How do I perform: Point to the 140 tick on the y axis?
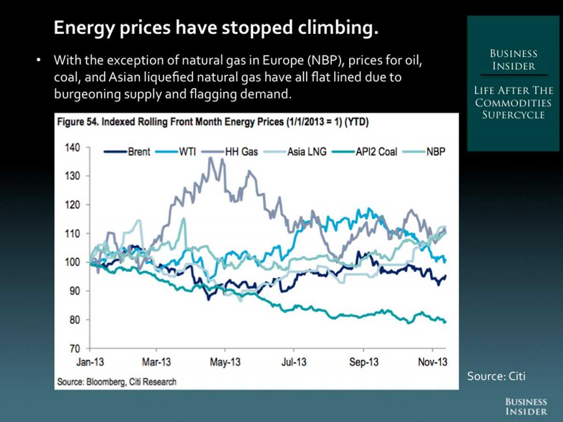[72, 148]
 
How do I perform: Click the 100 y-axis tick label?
[72, 262]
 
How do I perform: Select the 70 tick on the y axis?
[74, 348]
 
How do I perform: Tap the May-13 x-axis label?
[225, 363]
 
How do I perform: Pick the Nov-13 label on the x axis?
[433, 363]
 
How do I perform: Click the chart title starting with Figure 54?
[213, 123]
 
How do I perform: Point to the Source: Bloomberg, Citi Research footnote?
[117, 382]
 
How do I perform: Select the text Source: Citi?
[496, 376]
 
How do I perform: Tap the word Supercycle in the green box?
[513, 115]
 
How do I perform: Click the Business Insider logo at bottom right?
[526, 406]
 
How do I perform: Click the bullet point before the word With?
[40, 61]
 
